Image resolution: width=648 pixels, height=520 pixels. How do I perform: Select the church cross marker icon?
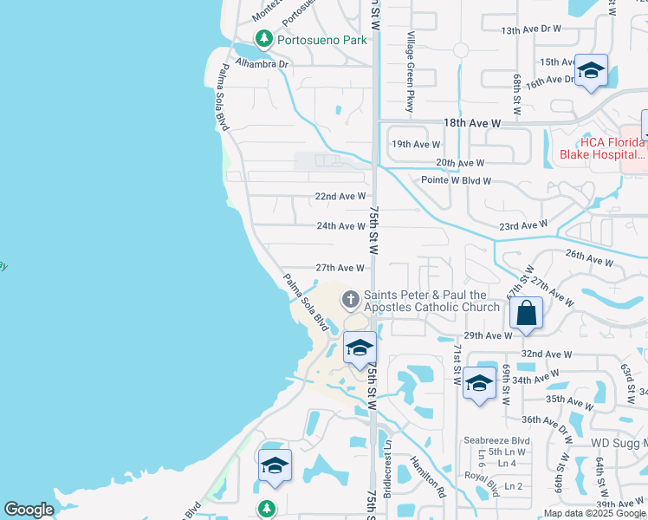351,300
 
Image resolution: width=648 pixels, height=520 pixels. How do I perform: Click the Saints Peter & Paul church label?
431,301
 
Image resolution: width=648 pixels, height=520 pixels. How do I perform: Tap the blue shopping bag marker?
527,314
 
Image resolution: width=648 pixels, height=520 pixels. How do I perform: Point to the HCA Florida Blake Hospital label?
603,148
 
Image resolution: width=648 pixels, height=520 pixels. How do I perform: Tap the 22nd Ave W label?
340,197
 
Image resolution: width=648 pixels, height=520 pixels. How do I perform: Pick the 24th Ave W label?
340,226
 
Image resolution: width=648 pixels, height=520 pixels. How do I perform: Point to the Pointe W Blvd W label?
457,180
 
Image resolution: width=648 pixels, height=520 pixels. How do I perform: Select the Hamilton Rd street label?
428,476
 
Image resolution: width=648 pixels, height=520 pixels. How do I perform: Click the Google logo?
29,510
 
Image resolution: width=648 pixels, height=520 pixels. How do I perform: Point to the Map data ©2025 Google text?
594,513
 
